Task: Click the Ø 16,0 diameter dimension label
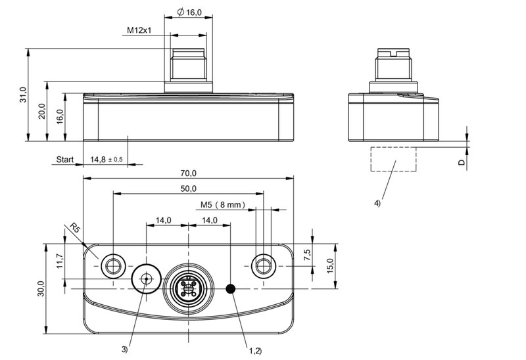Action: tap(189, 12)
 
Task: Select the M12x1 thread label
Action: tap(139, 30)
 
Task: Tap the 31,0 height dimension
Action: tap(22, 95)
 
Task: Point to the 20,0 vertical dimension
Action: tap(41, 111)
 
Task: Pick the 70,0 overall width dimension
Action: tap(189, 173)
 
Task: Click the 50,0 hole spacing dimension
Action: tap(189, 189)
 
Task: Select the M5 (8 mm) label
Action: tap(223, 204)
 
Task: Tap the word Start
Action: tap(64, 159)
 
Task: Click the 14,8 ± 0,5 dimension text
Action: tap(107, 159)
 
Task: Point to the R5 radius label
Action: tap(76, 228)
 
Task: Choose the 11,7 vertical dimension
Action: tap(59, 260)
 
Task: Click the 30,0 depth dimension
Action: tap(41, 288)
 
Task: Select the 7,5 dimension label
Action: tap(307, 255)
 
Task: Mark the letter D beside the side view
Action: tap(462, 162)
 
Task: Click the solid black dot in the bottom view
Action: tap(231, 288)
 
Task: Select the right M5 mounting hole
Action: tap(264, 266)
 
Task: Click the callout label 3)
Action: tap(124, 349)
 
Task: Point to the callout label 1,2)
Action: tap(255, 351)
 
